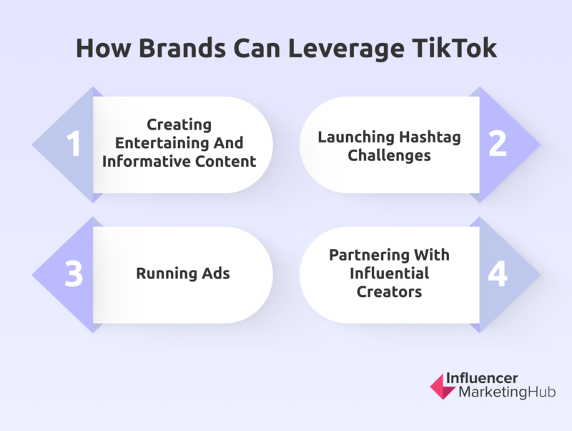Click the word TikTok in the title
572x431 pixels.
click(455, 48)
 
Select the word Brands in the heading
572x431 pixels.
click(182, 48)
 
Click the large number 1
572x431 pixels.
click(74, 144)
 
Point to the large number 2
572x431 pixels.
click(498, 144)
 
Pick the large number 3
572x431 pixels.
click(74, 273)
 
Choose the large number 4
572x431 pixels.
click(498, 273)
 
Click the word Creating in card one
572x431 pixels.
click(179, 125)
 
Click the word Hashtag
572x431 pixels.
click(430, 137)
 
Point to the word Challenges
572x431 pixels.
click(389, 156)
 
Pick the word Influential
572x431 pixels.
click(389, 273)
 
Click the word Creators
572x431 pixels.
click(389, 292)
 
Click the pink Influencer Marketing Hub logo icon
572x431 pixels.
click(442, 386)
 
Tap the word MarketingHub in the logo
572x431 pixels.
click(507, 392)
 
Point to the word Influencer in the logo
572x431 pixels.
click(482, 378)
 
